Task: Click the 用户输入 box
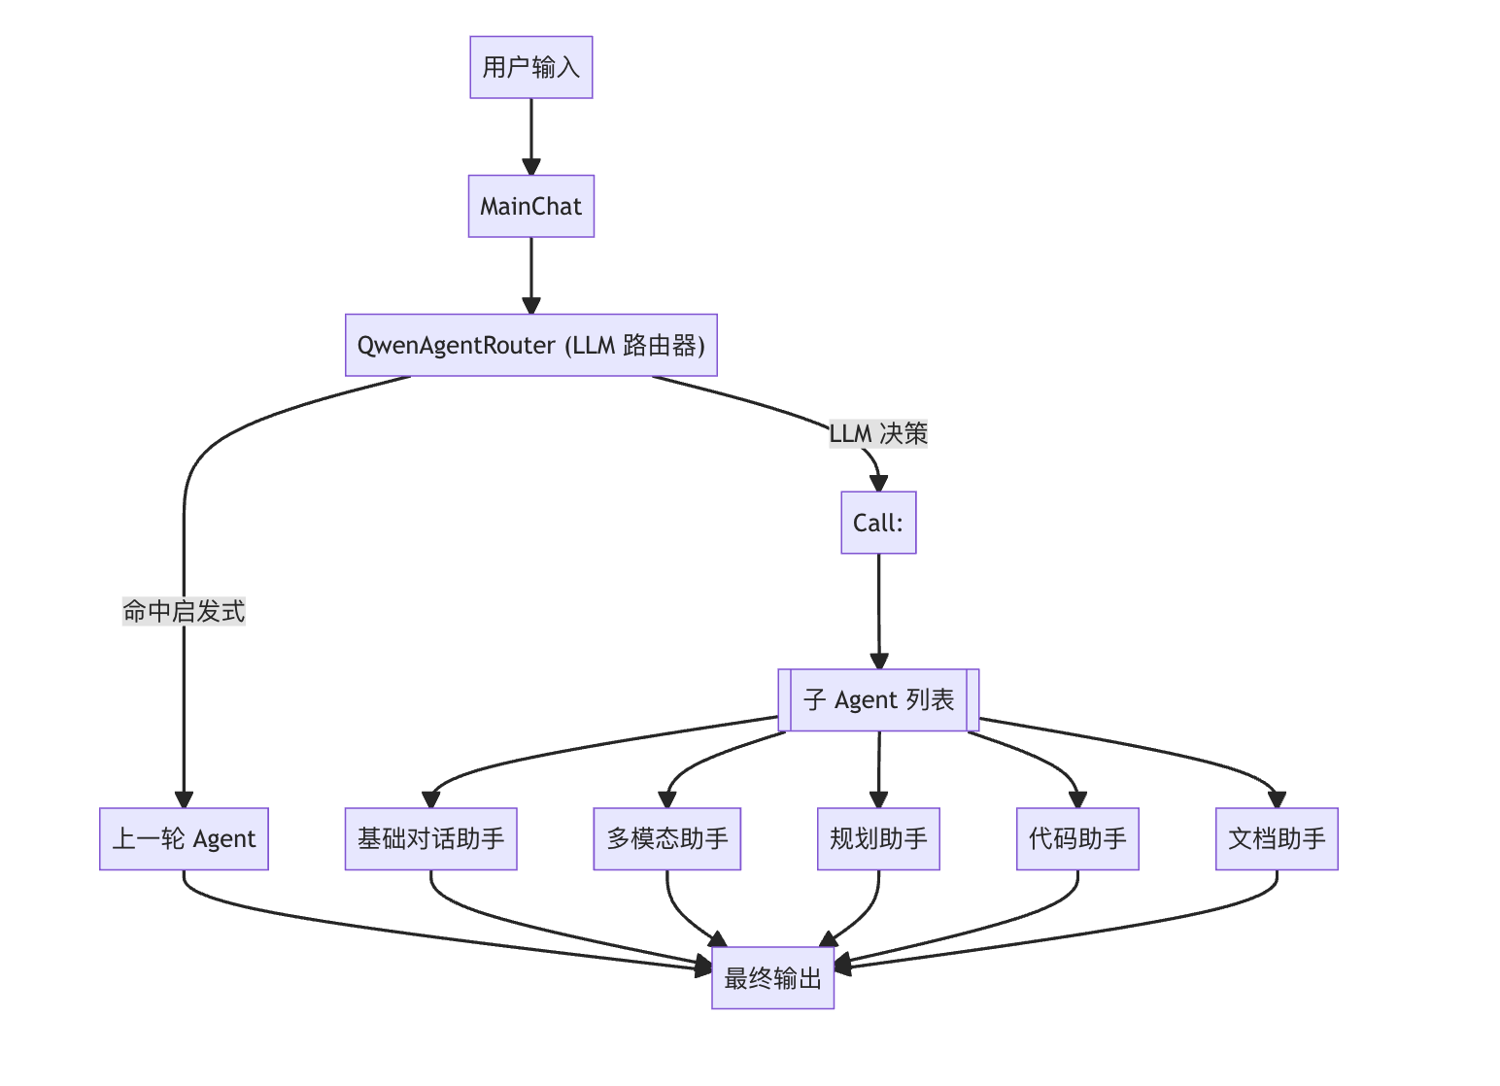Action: click(x=530, y=67)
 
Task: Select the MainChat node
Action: click(x=530, y=206)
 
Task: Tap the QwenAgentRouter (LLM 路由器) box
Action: click(x=530, y=345)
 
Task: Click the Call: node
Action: click(x=878, y=523)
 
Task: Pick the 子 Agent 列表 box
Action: click(x=878, y=699)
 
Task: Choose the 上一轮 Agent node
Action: click(x=184, y=838)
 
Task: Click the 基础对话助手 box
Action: click(x=430, y=838)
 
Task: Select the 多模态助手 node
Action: click(x=666, y=838)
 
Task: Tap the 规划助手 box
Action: click(x=878, y=838)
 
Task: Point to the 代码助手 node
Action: click(x=1077, y=838)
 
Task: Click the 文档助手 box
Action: click(x=1277, y=838)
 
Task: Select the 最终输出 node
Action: click(x=772, y=977)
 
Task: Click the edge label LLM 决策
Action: click(x=878, y=433)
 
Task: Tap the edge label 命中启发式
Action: click(x=184, y=611)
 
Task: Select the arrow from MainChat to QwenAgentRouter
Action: click(x=530, y=274)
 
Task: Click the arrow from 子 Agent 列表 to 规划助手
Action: click(x=878, y=767)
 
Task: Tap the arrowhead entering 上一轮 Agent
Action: click(x=184, y=799)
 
